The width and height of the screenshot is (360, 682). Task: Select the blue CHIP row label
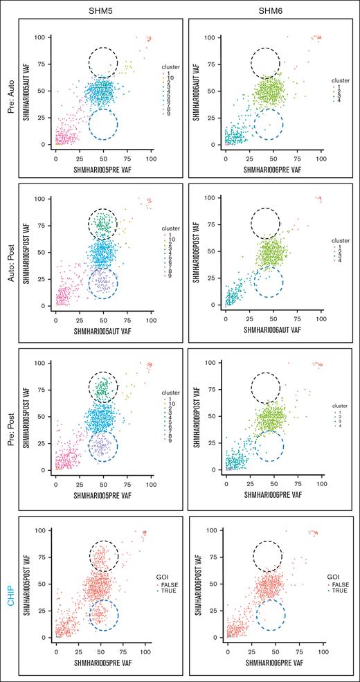[x=11, y=584]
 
